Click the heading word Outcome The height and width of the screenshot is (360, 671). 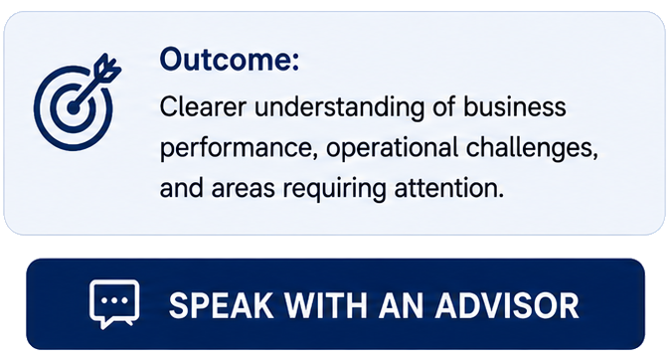(x=229, y=59)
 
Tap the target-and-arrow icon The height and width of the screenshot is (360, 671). (x=78, y=101)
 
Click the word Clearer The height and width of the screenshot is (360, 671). (x=203, y=106)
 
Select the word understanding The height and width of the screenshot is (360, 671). (x=340, y=107)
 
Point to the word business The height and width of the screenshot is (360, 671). (x=515, y=106)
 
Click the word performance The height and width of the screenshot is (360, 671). (x=239, y=148)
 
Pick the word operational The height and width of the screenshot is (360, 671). (x=392, y=148)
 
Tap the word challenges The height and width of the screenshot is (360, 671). (x=532, y=148)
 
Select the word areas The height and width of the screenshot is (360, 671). (x=244, y=188)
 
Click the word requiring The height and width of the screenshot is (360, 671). (x=335, y=189)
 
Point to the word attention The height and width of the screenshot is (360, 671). (x=449, y=188)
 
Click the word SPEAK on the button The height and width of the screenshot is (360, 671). (x=221, y=305)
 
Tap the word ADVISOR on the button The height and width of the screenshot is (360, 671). (x=507, y=305)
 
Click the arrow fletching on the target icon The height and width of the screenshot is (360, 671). (x=107, y=68)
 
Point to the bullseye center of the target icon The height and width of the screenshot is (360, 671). (x=74, y=108)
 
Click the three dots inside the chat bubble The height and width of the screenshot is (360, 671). (x=114, y=300)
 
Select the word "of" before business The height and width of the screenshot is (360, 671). (x=443, y=106)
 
